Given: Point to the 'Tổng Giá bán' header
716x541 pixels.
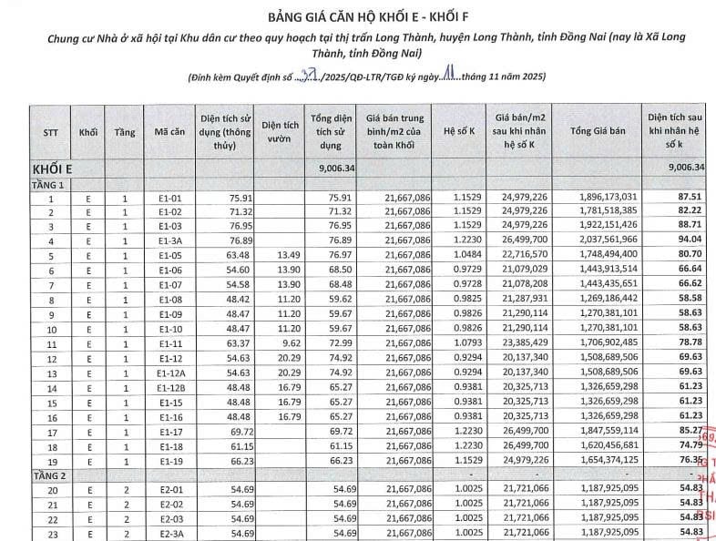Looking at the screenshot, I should (598, 132).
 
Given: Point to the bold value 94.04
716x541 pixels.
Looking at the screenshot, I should (689, 241).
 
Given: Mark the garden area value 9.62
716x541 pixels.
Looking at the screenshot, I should (287, 343).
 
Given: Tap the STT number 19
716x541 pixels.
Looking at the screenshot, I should (52, 462).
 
